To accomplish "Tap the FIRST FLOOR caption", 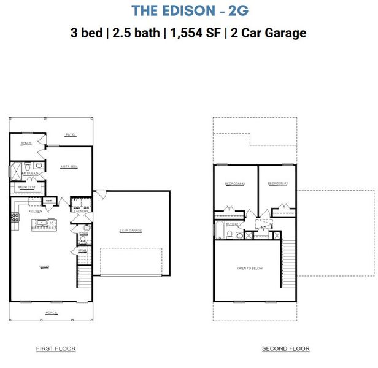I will [x=56, y=349].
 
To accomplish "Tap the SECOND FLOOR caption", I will [x=286, y=349].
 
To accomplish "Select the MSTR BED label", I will [x=68, y=167].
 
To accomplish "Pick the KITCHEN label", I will [x=35, y=211].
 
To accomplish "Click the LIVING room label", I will [x=44, y=266].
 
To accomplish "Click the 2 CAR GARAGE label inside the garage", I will [x=130, y=231].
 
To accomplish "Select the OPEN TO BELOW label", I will [x=249, y=269].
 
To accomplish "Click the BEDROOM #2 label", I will [x=234, y=183].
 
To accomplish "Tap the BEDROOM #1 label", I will [x=277, y=183].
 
